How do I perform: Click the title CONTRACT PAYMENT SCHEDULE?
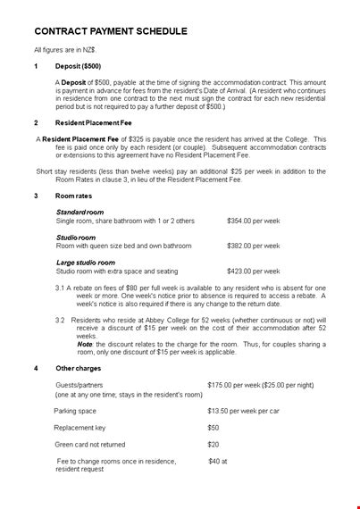(110, 31)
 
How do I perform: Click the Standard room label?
(80, 212)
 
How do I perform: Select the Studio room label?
(75, 238)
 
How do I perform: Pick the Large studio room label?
(85, 263)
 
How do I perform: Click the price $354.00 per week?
(254, 220)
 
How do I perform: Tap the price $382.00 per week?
(254, 245)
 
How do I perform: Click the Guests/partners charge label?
(80, 385)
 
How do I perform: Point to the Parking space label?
(77, 411)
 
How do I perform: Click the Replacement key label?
(80, 427)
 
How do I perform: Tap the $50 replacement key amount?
(213, 427)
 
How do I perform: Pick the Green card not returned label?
(90, 444)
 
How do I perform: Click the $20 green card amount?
(213, 444)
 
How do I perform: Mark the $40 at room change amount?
(218, 461)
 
